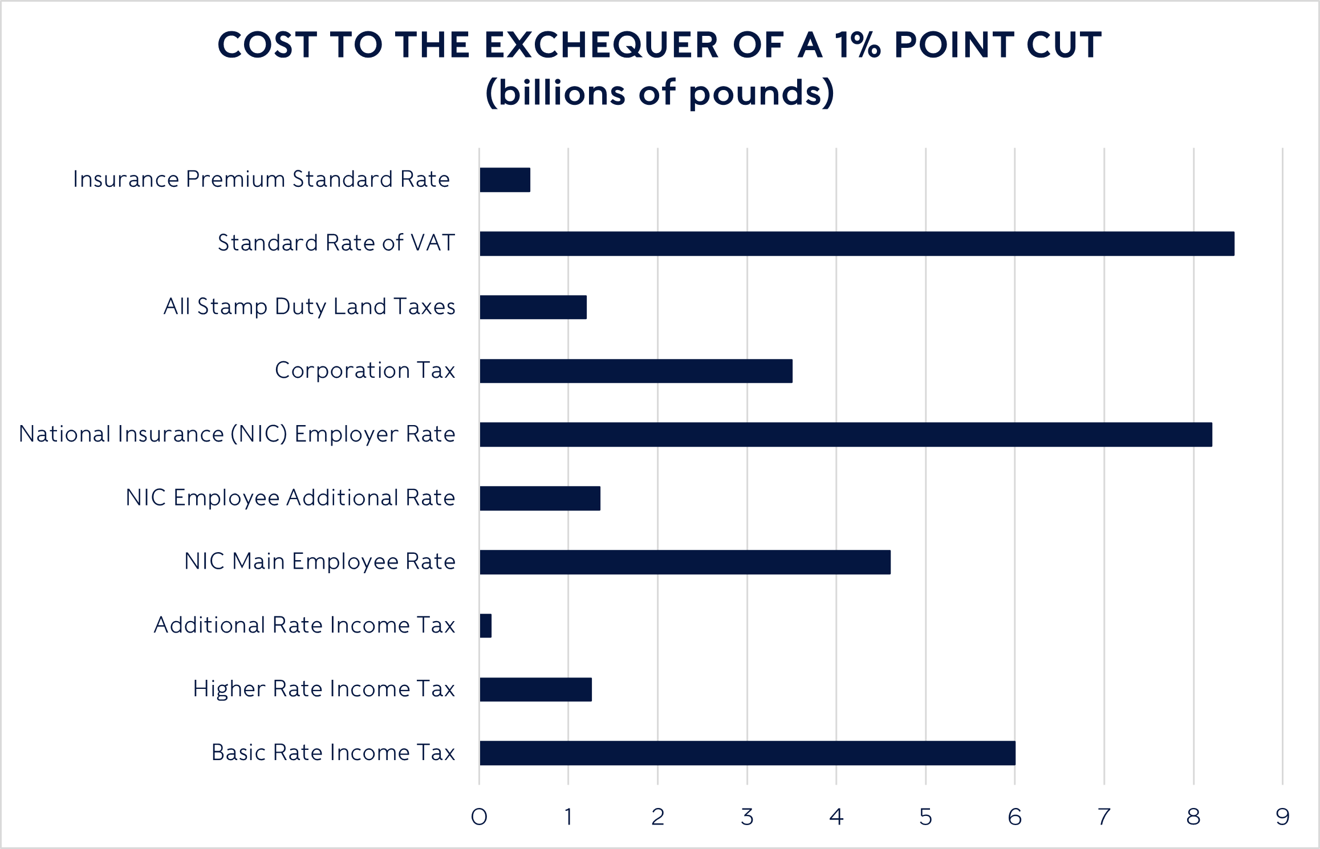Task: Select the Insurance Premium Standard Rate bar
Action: [x=505, y=180]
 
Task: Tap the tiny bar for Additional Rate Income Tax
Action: [x=486, y=626]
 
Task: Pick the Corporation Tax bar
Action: [x=636, y=371]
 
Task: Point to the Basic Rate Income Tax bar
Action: [x=747, y=753]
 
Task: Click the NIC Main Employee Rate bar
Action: [x=684, y=562]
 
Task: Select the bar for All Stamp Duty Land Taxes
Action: [x=533, y=307]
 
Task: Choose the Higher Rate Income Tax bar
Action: [x=535, y=689]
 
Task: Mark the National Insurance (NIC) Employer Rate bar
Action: [x=846, y=435]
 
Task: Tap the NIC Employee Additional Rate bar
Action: [x=539, y=499]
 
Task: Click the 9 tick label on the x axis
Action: [x=1283, y=817]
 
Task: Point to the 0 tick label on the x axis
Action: [x=479, y=817]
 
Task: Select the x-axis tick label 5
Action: [x=925, y=817]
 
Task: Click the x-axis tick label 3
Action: [x=747, y=817]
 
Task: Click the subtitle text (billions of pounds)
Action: [x=660, y=92]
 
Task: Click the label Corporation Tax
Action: [x=365, y=370]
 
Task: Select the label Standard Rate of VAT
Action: [x=336, y=243]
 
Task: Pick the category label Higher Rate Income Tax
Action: [x=324, y=689]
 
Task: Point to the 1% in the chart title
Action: [x=858, y=45]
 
